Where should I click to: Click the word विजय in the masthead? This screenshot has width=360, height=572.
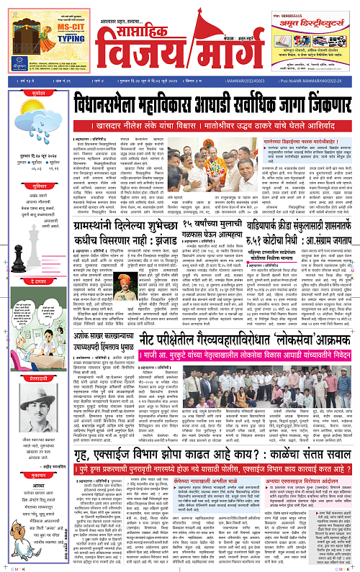(x=141, y=50)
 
